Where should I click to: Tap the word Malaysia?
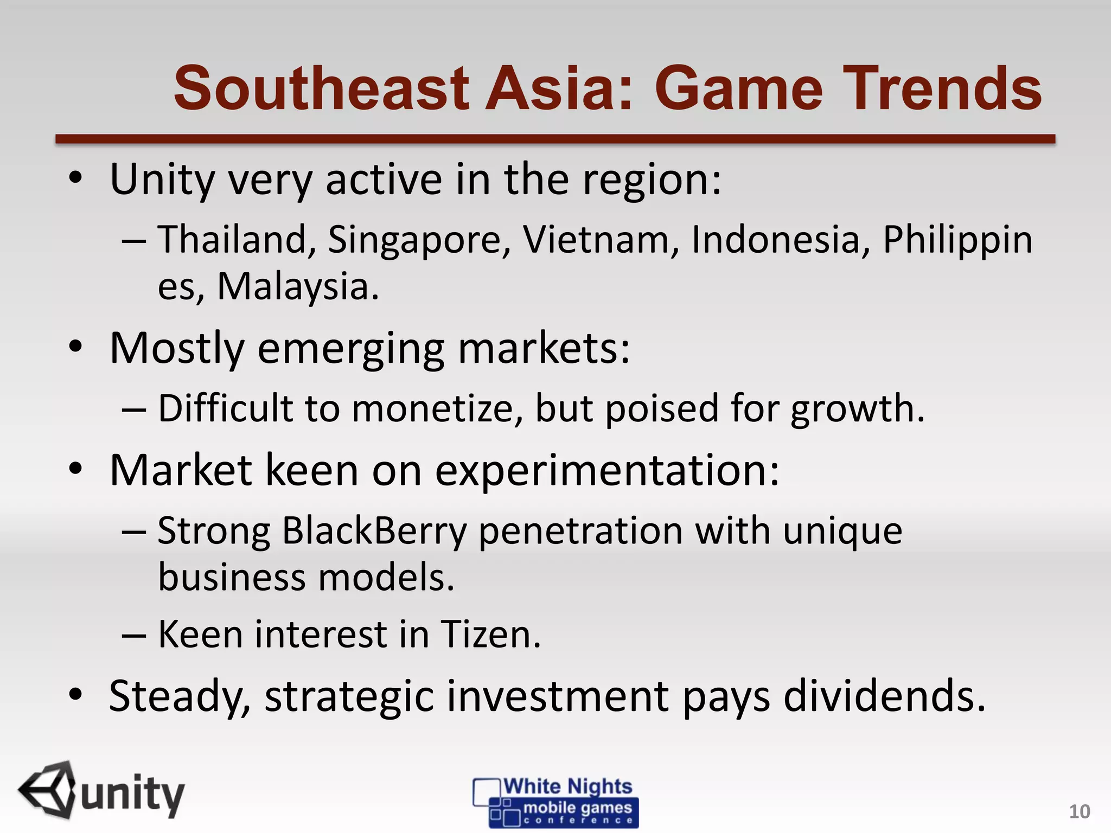click(297, 286)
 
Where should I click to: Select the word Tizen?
click(490, 634)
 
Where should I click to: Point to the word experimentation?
click(607, 470)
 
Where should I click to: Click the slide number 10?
click(1079, 812)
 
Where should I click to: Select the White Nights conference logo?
click(555, 802)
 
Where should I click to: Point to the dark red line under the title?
click(555, 139)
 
